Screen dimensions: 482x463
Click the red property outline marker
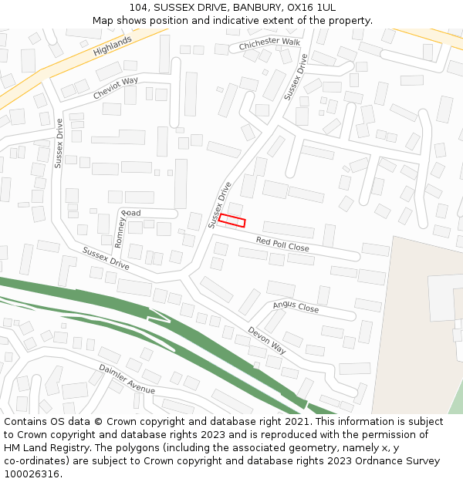click(x=231, y=221)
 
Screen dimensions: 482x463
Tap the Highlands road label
click(x=113, y=46)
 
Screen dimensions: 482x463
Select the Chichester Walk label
click(x=269, y=44)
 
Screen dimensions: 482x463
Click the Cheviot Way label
click(x=116, y=88)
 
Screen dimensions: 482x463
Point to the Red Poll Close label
click(x=282, y=244)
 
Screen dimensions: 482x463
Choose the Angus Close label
click(x=296, y=307)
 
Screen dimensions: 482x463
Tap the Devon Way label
click(x=267, y=340)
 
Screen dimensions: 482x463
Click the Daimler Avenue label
click(x=127, y=379)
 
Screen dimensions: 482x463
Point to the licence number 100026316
click(x=32, y=474)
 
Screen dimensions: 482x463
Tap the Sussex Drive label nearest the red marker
click(x=220, y=204)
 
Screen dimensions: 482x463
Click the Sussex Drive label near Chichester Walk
click(x=296, y=76)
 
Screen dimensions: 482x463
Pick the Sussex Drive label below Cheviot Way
click(x=59, y=143)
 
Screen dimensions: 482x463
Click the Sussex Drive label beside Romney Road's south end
click(x=106, y=258)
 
